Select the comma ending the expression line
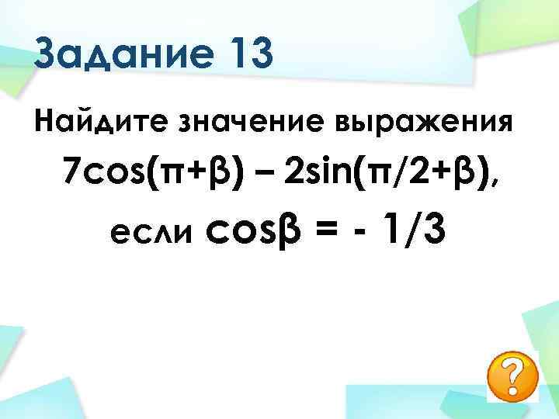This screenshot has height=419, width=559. [x=495, y=182]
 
